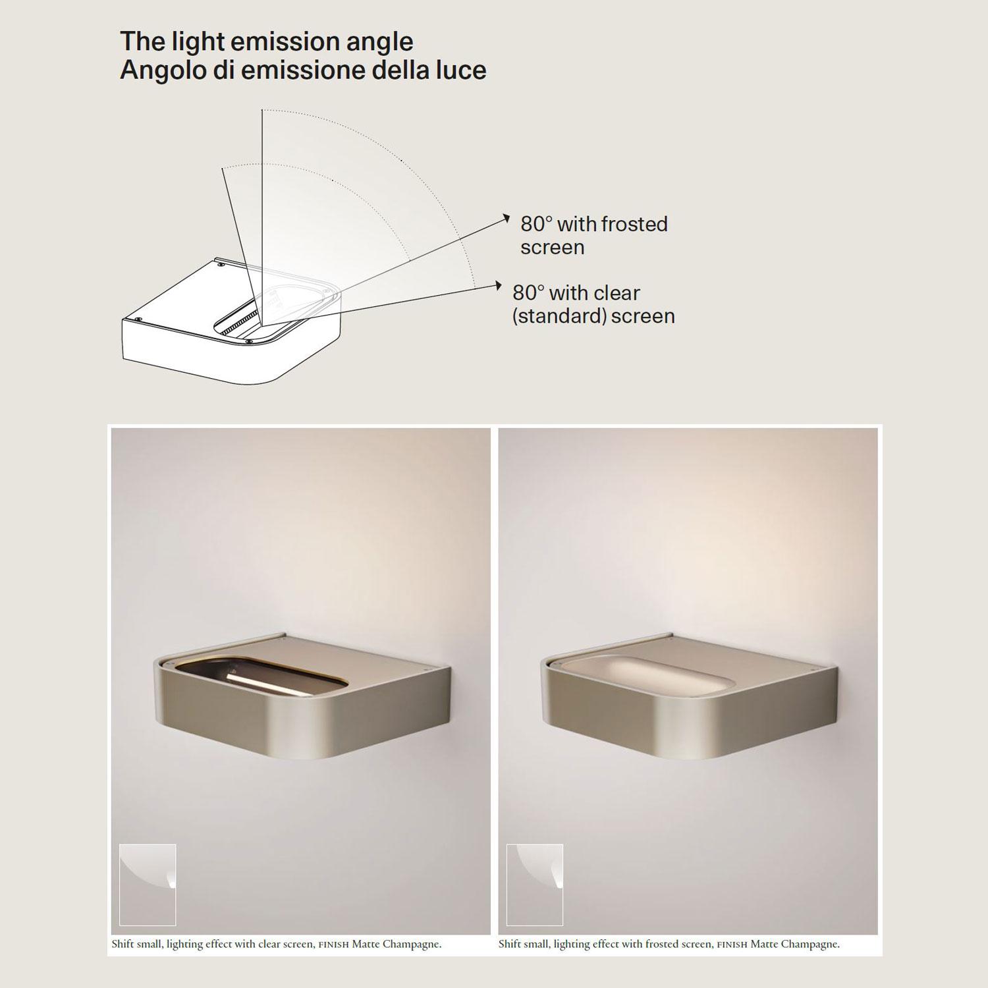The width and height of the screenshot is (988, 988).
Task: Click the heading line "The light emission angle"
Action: click(266, 41)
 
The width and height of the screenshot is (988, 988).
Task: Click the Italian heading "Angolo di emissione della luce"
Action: click(303, 70)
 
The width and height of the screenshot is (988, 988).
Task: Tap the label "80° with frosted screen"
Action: click(594, 235)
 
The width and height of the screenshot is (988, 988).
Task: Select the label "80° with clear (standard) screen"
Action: click(593, 304)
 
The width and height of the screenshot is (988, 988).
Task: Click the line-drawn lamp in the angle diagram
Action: click(232, 319)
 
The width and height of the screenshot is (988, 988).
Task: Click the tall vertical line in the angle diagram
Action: click(262, 217)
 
